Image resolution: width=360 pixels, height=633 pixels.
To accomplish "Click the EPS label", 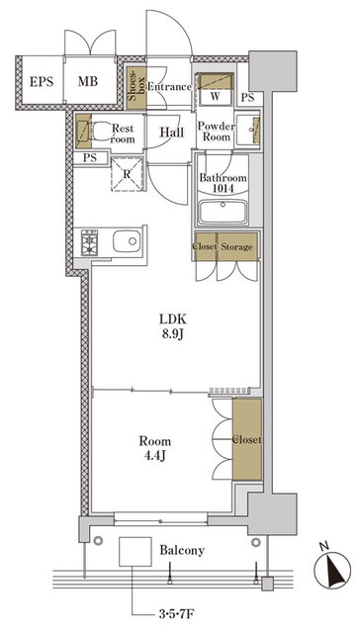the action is (42, 81).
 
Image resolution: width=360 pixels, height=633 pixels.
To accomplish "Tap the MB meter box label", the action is (88, 81).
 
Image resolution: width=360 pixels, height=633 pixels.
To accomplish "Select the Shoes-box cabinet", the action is (136, 88).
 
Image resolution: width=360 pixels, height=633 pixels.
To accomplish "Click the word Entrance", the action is (169, 87).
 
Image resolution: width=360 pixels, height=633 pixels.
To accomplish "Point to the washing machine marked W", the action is (216, 90).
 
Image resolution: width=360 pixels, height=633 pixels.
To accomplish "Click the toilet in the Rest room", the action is (99, 133).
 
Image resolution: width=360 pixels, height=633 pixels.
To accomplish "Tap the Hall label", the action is (172, 132).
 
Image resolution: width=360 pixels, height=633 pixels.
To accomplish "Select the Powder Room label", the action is (216, 132).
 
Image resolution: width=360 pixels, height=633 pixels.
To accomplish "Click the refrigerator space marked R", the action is (128, 174).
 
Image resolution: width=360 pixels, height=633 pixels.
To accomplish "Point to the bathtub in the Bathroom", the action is (223, 212).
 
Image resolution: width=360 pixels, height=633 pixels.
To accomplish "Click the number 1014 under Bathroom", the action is (223, 188).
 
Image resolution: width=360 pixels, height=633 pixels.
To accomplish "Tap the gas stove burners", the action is (89, 243).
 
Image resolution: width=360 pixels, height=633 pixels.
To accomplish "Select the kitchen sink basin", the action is (127, 241).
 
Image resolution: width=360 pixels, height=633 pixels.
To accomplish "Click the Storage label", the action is (236, 246).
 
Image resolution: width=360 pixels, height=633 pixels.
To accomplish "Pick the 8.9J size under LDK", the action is (173, 334).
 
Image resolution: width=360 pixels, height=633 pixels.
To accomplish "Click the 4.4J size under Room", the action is (155, 456).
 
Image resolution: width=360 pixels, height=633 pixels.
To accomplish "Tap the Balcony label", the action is (182, 550).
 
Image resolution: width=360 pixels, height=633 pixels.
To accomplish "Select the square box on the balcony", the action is (135, 551).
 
